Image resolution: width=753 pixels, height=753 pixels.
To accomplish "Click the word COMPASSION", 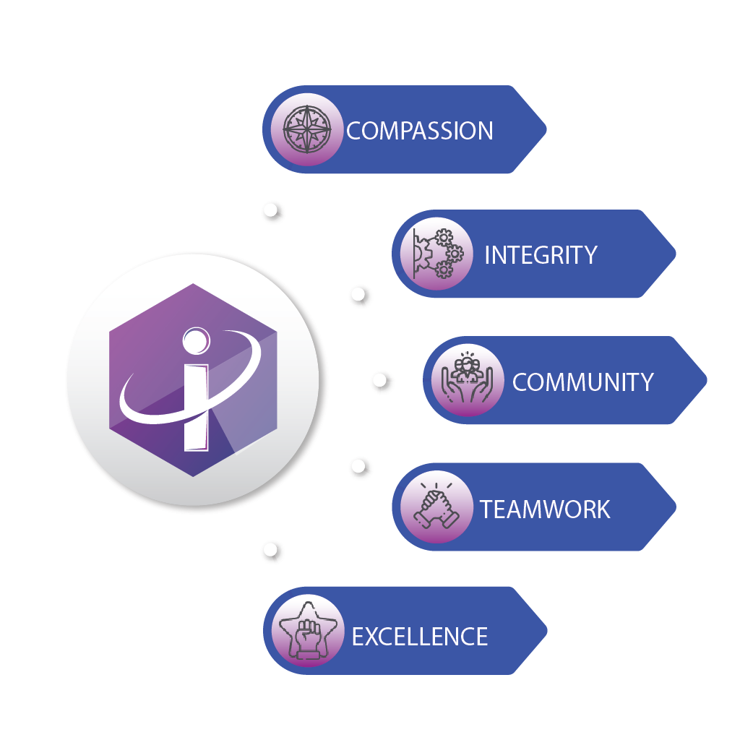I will [x=420, y=131].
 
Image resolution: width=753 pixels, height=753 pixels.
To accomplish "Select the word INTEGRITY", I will [x=541, y=255].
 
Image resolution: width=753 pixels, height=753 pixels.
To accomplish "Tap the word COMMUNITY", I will [x=582, y=382].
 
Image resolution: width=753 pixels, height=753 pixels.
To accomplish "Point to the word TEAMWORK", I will [x=545, y=509].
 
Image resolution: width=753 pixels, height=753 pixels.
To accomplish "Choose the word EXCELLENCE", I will [x=420, y=636].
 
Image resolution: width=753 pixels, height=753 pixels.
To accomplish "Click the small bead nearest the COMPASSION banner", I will [x=271, y=211].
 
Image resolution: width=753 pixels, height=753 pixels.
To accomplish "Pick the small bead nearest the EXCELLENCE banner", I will [x=271, y=552].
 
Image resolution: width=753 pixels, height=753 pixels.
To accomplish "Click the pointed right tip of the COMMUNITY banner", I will [x=705, y=380].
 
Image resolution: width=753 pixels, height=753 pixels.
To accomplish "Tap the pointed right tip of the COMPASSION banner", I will [x=545, y=130].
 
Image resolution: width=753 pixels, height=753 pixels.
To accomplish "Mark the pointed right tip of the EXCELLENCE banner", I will [x=545, y=631].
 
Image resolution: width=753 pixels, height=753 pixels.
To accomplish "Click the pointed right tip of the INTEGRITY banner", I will [x=674, y=254].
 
